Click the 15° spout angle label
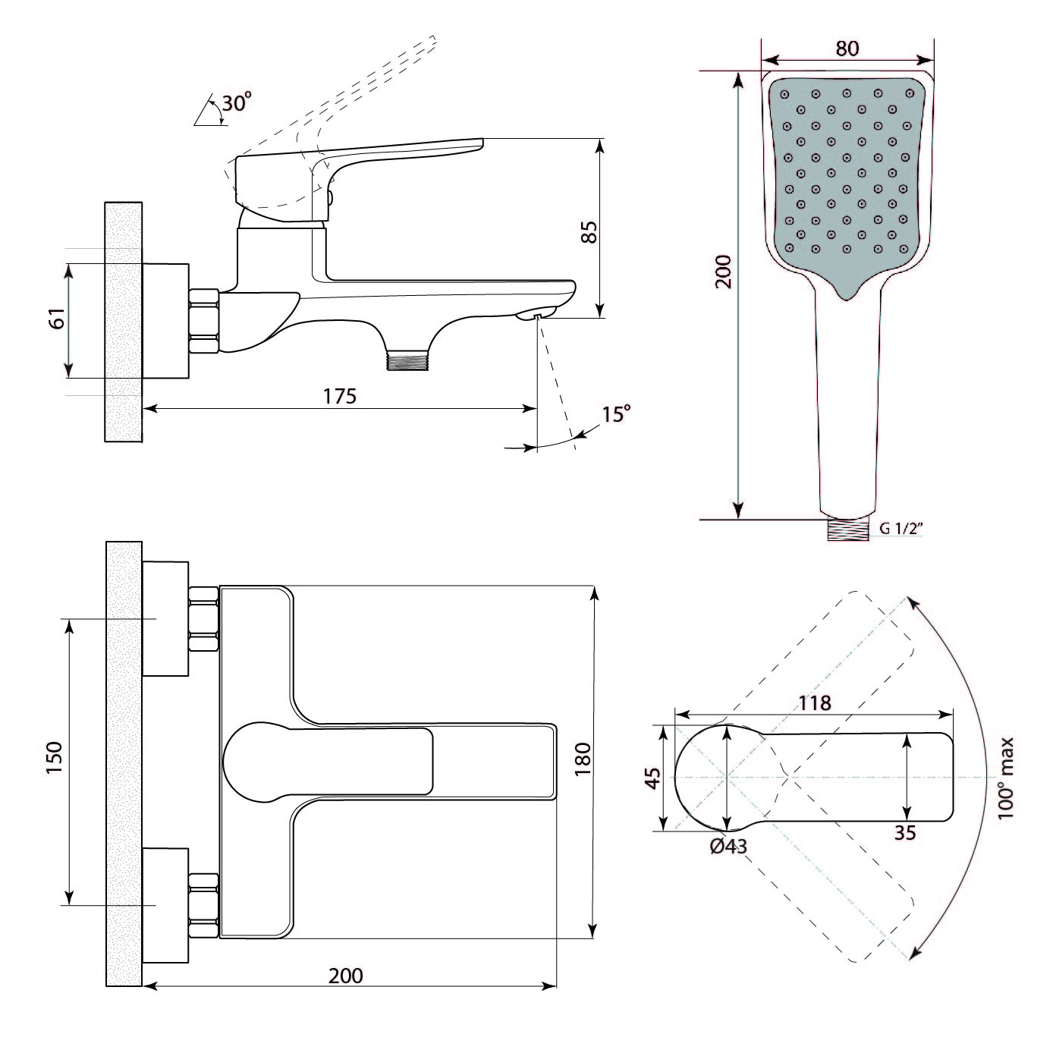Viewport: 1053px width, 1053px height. pyautogui.click(x=616, y=414)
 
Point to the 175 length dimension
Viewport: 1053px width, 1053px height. pyautogui.click(x=339, y=396)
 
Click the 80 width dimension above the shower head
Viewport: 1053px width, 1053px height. pyautogui.click(x=847, y=48)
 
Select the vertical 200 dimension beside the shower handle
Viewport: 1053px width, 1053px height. pyautogui.click(x=723, y=271)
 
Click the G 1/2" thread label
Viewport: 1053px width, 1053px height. pyautogui.click(x=901, y=530)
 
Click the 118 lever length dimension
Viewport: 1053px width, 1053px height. pyautogui.click(x=815, y=703)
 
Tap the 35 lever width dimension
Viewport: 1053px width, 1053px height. pyautogui.click(x=904, y=832)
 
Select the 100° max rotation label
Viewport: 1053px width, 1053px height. pyautogui.click(x=1005, y=778)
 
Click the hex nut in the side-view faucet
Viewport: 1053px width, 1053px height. pyautogui.click(x=203, y=322)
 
